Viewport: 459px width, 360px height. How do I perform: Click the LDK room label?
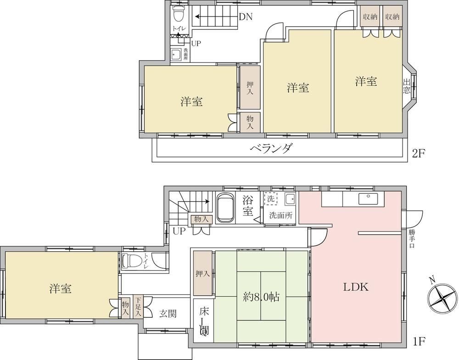[356, 287]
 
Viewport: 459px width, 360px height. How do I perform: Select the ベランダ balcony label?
[271, 148]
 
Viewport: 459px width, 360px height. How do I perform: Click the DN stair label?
[245, 17]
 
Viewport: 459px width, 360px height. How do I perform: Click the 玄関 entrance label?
[168, 314]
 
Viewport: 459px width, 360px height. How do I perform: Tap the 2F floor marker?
[418, 153]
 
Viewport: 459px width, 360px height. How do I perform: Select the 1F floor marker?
[419, 341]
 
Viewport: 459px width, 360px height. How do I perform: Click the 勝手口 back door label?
[412, 239]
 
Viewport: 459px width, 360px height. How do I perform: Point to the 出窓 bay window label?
[406, 86]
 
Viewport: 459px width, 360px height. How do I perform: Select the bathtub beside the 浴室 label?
[225, 208]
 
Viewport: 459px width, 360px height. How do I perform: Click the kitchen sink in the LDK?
[368, 199]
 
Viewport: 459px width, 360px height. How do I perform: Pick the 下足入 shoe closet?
[138, 307]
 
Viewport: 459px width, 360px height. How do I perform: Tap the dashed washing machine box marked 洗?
[270, 199]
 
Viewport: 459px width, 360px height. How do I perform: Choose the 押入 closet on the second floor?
[250, 88]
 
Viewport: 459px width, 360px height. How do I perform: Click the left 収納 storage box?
[370, 17]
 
